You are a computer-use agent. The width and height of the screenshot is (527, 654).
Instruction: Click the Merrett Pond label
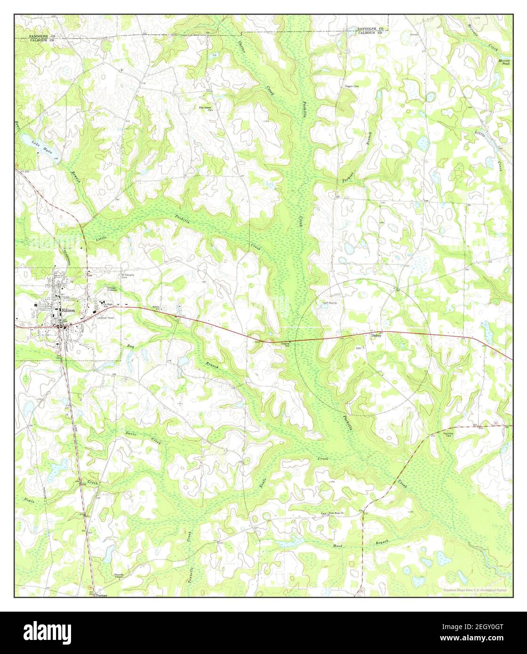(504, 62)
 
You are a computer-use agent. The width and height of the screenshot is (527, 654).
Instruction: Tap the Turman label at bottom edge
(101, 595)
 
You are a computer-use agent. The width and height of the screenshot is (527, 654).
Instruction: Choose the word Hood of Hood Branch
(338, 546)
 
